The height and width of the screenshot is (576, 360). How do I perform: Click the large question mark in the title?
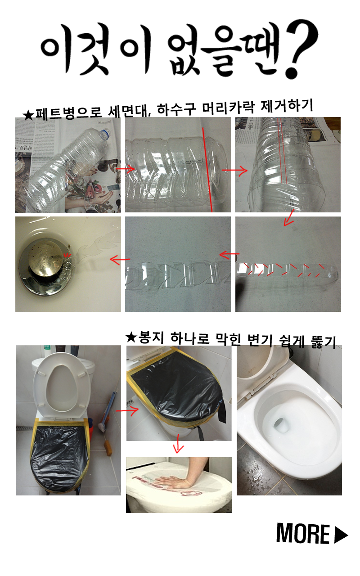301,49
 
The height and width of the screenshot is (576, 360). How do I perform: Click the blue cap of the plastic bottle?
106,133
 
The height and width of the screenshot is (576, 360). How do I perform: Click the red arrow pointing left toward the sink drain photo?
120,260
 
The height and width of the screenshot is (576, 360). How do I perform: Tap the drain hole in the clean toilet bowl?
281,425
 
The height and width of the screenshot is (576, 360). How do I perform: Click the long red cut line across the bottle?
207,170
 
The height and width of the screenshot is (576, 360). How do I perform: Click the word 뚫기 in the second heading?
324,342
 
